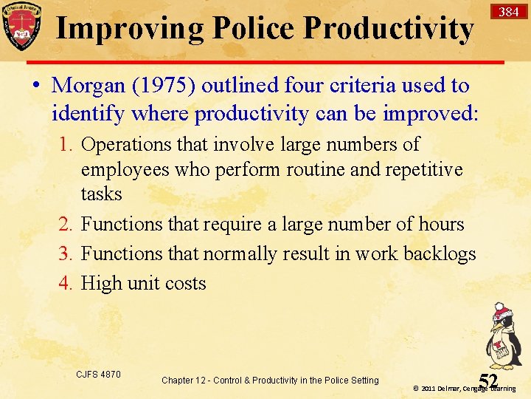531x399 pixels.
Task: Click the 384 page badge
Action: (x=508, y=12)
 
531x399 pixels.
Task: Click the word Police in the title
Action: (x=254, y=29)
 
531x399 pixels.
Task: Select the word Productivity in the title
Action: (x=388, y=29)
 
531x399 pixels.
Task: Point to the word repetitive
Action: (x=423, y=169)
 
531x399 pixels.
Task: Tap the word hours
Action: (x=438, y=225)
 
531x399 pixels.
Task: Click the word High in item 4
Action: (x=100, y=284)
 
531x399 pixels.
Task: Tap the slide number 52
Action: (x=488, y=381)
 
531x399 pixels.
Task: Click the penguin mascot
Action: (x=503, y=336)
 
